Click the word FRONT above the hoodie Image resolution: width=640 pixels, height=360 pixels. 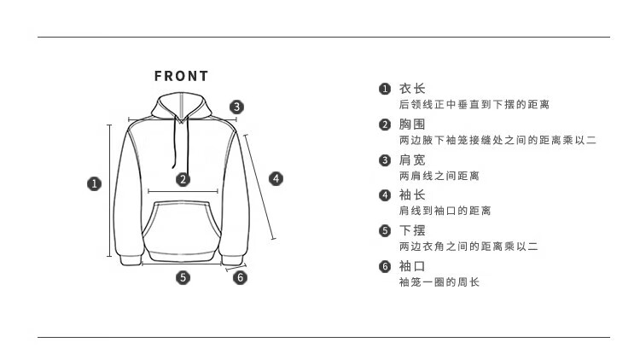pyautogui.click(x=181, y=76)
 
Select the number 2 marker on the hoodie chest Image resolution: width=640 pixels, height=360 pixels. pyautogui.click(x=183, y=179)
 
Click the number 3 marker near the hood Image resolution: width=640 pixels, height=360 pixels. pyautogui.click(x=237, y=107)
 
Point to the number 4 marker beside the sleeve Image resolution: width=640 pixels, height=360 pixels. pyautogui.click(x=276, y=178)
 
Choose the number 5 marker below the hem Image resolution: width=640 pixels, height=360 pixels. pyautogui.click(x=183, y=276)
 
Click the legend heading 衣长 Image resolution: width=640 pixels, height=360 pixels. pyautogui.click(x=412, y=89)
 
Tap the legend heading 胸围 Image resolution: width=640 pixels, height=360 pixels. pyautogui.click(x=412, y=125)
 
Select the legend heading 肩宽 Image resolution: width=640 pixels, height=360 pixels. pyautogui.click(x=412, y=160)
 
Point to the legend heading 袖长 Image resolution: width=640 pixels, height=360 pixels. pyautogui.click(x=412, y=195)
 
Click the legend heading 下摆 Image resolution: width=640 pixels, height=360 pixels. pyautogui.click(x=412, y=230)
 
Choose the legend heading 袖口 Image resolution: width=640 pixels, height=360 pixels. pyautogui.click(x=412, y=266)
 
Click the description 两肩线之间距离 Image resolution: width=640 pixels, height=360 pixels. pyautogui.click(x=439, y=176)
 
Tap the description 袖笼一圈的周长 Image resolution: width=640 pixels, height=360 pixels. pyautogui.click(x=439, y=282)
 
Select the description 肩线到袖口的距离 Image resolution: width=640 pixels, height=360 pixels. pyautogui.click(x=445, y=211)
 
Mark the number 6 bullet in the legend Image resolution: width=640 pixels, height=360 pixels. pyautogui.click(x=385, y=266)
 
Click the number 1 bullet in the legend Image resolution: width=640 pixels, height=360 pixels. pyautogui.click(x=385, y=89)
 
